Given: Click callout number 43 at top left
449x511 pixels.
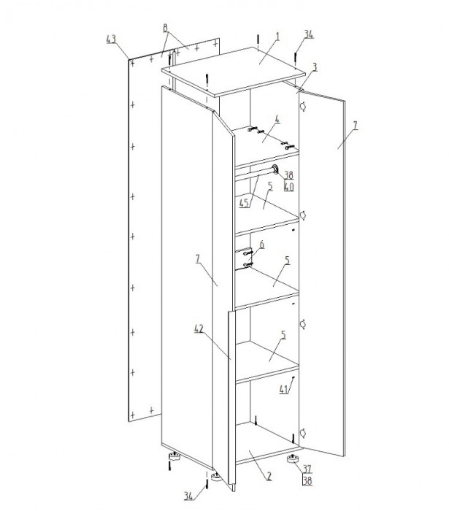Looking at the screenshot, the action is pos(111,39).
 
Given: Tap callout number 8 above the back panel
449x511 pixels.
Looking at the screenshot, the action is pos(166,28).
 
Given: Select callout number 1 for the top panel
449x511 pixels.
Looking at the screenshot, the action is pos(277,36).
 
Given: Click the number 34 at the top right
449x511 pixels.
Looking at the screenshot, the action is pos(309,34).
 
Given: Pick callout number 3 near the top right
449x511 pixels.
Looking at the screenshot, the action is pos(315,67).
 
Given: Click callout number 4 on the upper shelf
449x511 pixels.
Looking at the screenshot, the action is pos(277,120).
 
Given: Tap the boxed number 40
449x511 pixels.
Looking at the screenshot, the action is pos(288,187).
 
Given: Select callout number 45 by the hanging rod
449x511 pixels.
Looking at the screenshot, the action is pos(244,204).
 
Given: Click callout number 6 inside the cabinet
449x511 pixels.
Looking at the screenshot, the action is pos(261,245).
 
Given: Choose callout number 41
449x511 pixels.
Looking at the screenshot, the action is pos(283,389).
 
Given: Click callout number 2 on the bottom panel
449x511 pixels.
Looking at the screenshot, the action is pos(269,476).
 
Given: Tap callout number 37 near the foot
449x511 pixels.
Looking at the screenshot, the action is pos(307,469).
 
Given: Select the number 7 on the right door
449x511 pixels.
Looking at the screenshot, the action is pos(355,125).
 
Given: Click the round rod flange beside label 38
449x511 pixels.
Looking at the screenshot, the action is pos(275,169).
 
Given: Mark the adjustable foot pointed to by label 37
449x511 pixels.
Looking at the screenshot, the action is pos(293,459).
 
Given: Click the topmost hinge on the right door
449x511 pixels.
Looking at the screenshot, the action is pos(303,107).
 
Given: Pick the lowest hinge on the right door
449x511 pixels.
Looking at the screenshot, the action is pos(303,433).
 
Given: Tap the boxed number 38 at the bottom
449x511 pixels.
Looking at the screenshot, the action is pos(307,480).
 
